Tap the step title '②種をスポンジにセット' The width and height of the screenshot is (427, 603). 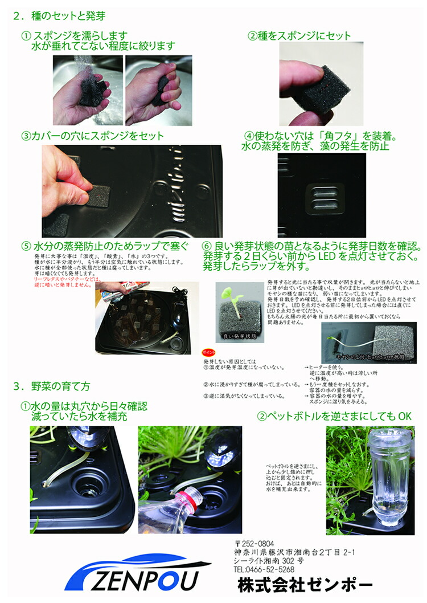(x=299, y=36)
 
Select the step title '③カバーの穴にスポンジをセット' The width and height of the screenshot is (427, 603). (x=92, y=136)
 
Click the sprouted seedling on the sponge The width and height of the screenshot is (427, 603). (x=235, y=301)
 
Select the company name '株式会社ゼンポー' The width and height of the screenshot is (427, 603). (x=305, y=584)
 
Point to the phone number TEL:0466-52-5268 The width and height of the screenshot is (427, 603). (x=264, y=569)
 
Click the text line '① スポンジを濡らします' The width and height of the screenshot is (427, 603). (x=82, y=36)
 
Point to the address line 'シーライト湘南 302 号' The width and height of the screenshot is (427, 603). (x=269, y=560)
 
